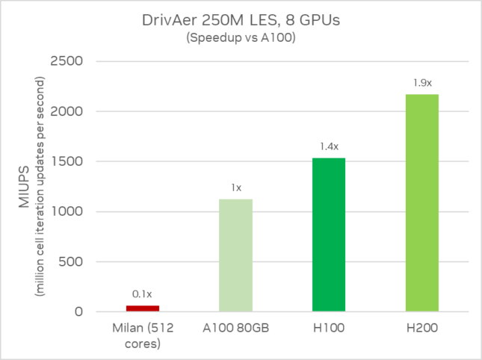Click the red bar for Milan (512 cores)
coord(142,308)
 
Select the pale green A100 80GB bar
coord(235,255)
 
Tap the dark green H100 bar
coord(329,235)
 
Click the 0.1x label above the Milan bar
coord(142,294)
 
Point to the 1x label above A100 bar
coord(236,187)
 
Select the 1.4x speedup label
coord(330,146)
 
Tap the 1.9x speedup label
coord(422,83)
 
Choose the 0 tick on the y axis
coord(77,311)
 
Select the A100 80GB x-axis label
coord(235,328)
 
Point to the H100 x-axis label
coord(329,328)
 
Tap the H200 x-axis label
coord(422,328)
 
